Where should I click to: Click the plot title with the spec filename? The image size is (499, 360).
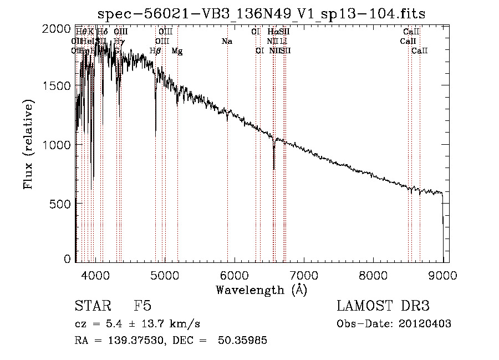[262, 14]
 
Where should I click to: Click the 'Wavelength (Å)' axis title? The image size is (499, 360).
[261, 290]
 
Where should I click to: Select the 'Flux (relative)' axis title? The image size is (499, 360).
[29, 144]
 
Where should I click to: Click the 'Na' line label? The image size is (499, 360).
[226, 42]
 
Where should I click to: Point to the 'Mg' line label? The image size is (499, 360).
[177, 51]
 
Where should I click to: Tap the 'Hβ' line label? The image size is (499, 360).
[156, 51]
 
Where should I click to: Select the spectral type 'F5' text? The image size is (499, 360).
[142, 306]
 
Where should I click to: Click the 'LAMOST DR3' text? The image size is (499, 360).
[383, 306]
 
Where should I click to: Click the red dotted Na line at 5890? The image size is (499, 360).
[227, 166]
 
